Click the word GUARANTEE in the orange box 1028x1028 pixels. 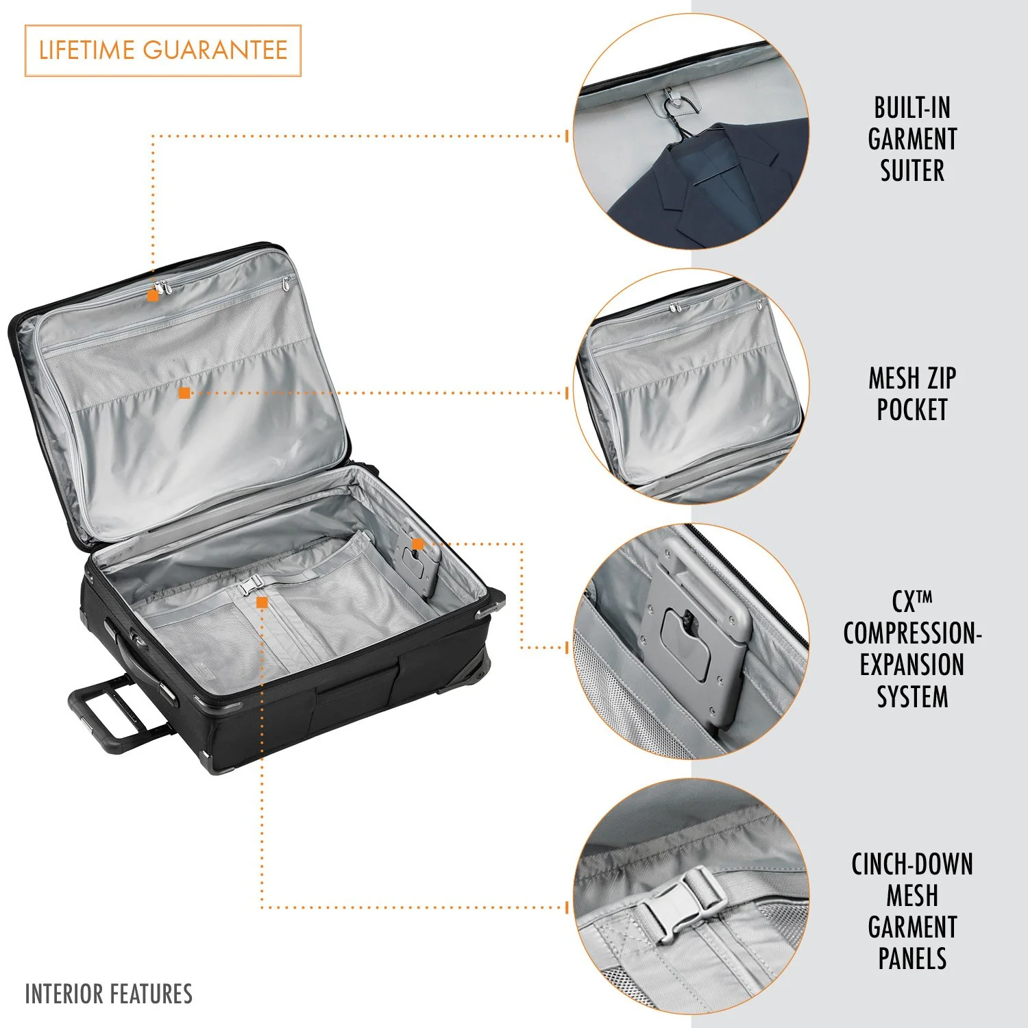pyautogui.click(x=215, y=50)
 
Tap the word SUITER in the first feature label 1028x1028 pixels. pyautogui.click(x=912, y=171)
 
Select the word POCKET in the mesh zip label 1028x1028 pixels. pyautogui.click(x=912, y=410)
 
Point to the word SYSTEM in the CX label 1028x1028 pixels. pyautogui.click(x=912, y=697)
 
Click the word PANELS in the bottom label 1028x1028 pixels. pyautogui.click(x=912, y=959)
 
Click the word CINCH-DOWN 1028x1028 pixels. pyautogui.click(x=912, y=865)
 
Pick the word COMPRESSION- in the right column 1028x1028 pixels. pyautogui.click(x=912, y=634)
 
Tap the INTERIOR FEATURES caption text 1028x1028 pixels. pyautogui.click(x=109, y=994)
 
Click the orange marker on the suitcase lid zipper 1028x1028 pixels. pyautogui.click(x=153, y=296)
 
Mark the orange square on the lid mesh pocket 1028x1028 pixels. pyautogui.click(x=184, y=393)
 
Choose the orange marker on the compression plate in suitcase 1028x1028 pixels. pyautogui.click(x=417, y=544)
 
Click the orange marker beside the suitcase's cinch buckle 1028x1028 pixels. pyautogui.click(x=262, y=602)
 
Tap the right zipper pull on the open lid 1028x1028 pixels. pyautogui.click(x=286, y=282)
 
